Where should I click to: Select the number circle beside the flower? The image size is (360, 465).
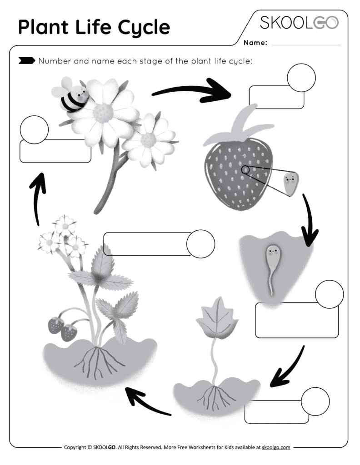click(x=34, y=129)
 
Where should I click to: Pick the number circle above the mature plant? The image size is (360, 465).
click(x=200, y=244)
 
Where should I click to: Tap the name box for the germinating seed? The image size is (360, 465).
click(x=297, y=321)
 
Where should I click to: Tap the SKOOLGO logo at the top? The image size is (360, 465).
click(x=299, y=22)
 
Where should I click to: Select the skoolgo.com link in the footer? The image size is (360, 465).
click(x=276, y=447)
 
